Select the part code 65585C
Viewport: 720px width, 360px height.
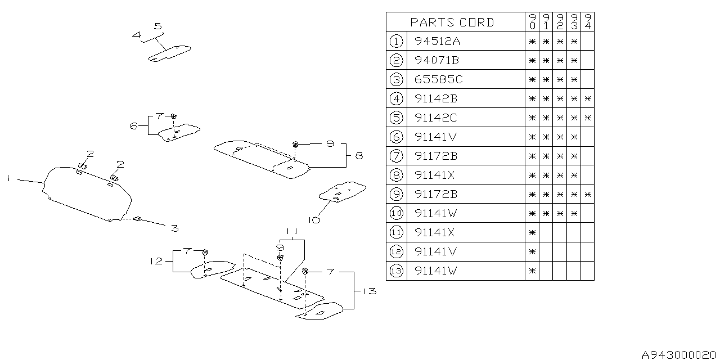click(x=438, y=79)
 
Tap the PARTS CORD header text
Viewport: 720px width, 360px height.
click(x=452, y=22)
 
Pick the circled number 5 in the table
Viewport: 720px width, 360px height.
click(x=396, y=118)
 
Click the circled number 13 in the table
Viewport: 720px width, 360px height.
click(x=396, y=271)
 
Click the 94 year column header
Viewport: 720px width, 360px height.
click(x=588, y=22)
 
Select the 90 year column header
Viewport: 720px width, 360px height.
click(x=532, y=22)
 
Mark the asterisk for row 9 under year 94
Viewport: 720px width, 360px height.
click(x=588, y=195)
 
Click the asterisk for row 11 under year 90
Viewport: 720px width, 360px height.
click(x=532, y=233)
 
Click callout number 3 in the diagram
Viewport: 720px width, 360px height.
click(x=175, y=228)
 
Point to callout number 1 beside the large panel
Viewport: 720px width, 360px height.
click(x=9, y=178)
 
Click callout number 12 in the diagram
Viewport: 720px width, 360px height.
click(x=156, y=261)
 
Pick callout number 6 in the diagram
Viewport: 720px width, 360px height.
click(x=134, y=127)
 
